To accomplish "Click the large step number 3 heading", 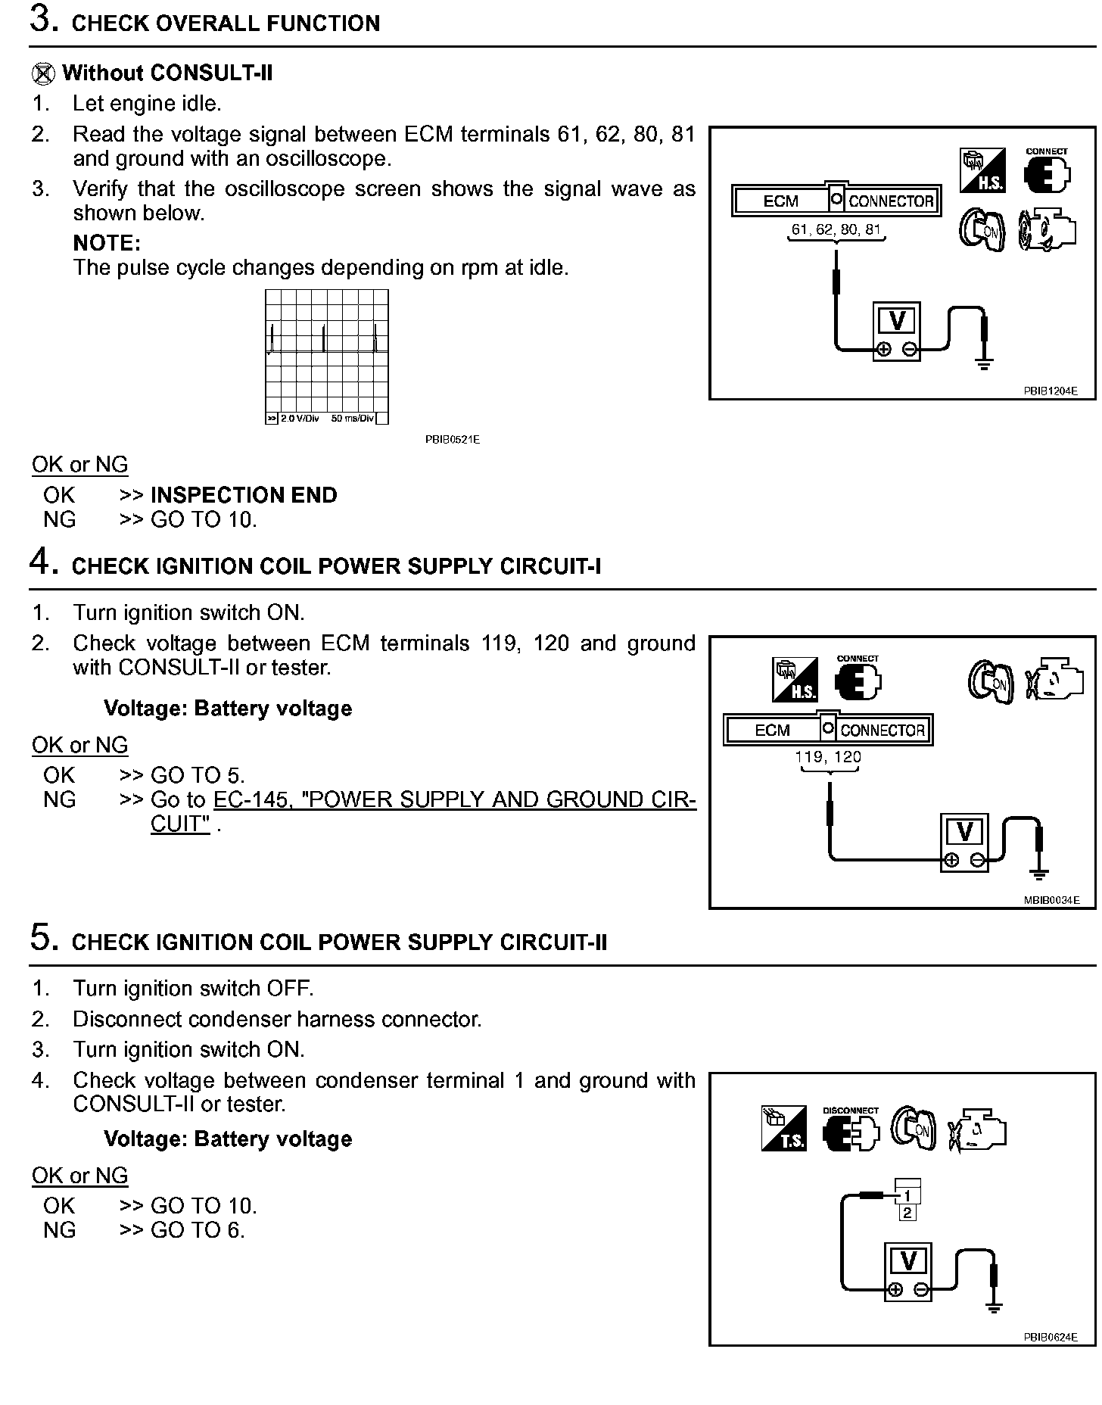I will pyautogui.click(x=44, y=20).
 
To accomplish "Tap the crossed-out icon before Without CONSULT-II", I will pyautogui.click(x=43, y=74).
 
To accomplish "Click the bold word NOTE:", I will pyautogui.click(x=107, y=243).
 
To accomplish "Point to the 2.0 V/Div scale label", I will pyautogui.click(x=300, y=419).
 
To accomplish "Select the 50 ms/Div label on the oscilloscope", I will pyautogui.click(x=353, y=419).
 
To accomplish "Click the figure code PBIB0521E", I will pyautogui.click(x=452, y=439).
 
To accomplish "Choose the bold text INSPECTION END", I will pyautogui.click(x=244, y=495).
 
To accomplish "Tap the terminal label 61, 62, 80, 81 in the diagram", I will pyautogui.click(x=836, y=229).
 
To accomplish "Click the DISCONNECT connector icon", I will pyautogui.click(x=851, y=1129).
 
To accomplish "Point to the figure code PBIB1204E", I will pyautogui.click(x=1050, y=391).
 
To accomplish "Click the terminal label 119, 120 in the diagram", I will pyautogui.click(x=828, y=756).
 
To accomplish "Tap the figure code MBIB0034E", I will pyautogui.click(x=1051, y=900).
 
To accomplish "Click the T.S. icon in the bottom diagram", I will pyautogui.click(x=783, y=1129).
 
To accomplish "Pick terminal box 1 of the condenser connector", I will pyautogui.click(x=907, y=1195).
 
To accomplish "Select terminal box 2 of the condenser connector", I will pyautogui.click(x=907, y=1213).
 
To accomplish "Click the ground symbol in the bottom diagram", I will pyautogui.click(x=994, y=1308).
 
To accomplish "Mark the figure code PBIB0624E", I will pyautogui.click(x=1050, y=1338).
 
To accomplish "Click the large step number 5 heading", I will pyautogui.click(x=44, y=939).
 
